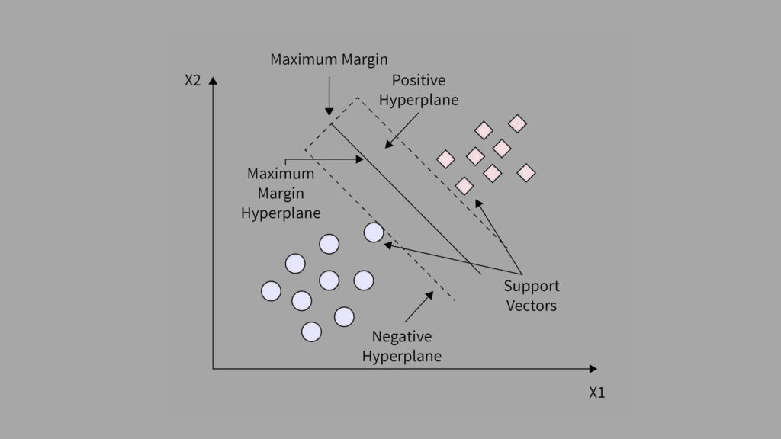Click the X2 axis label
pyautogui.click(x=192, y=80)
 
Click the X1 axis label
pyautogui.click(x=596, y=393)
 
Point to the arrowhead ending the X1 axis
pyautogui.click(x=593, y=369)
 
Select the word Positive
pyautogui.click(x=418, y=80)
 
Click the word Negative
pyautogui.click(x=401, y=336)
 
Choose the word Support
pyautogui.click(x=531, y=287)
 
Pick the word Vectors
pyautogui.click(x=531, y=306)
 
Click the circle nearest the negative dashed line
pyautogui.click(x=374, y=232)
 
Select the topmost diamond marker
pyautogui.click(x=518, y=123)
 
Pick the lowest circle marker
pyautogui.click(x=311, y=332)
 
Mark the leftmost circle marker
pyautogui.click(x=271, y=291)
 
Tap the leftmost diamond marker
pyautogui.click(x=445, y=159)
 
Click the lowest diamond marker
pyautogui.click(x=464, y=185)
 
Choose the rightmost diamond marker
pyautogui.click(x=526, y=173)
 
